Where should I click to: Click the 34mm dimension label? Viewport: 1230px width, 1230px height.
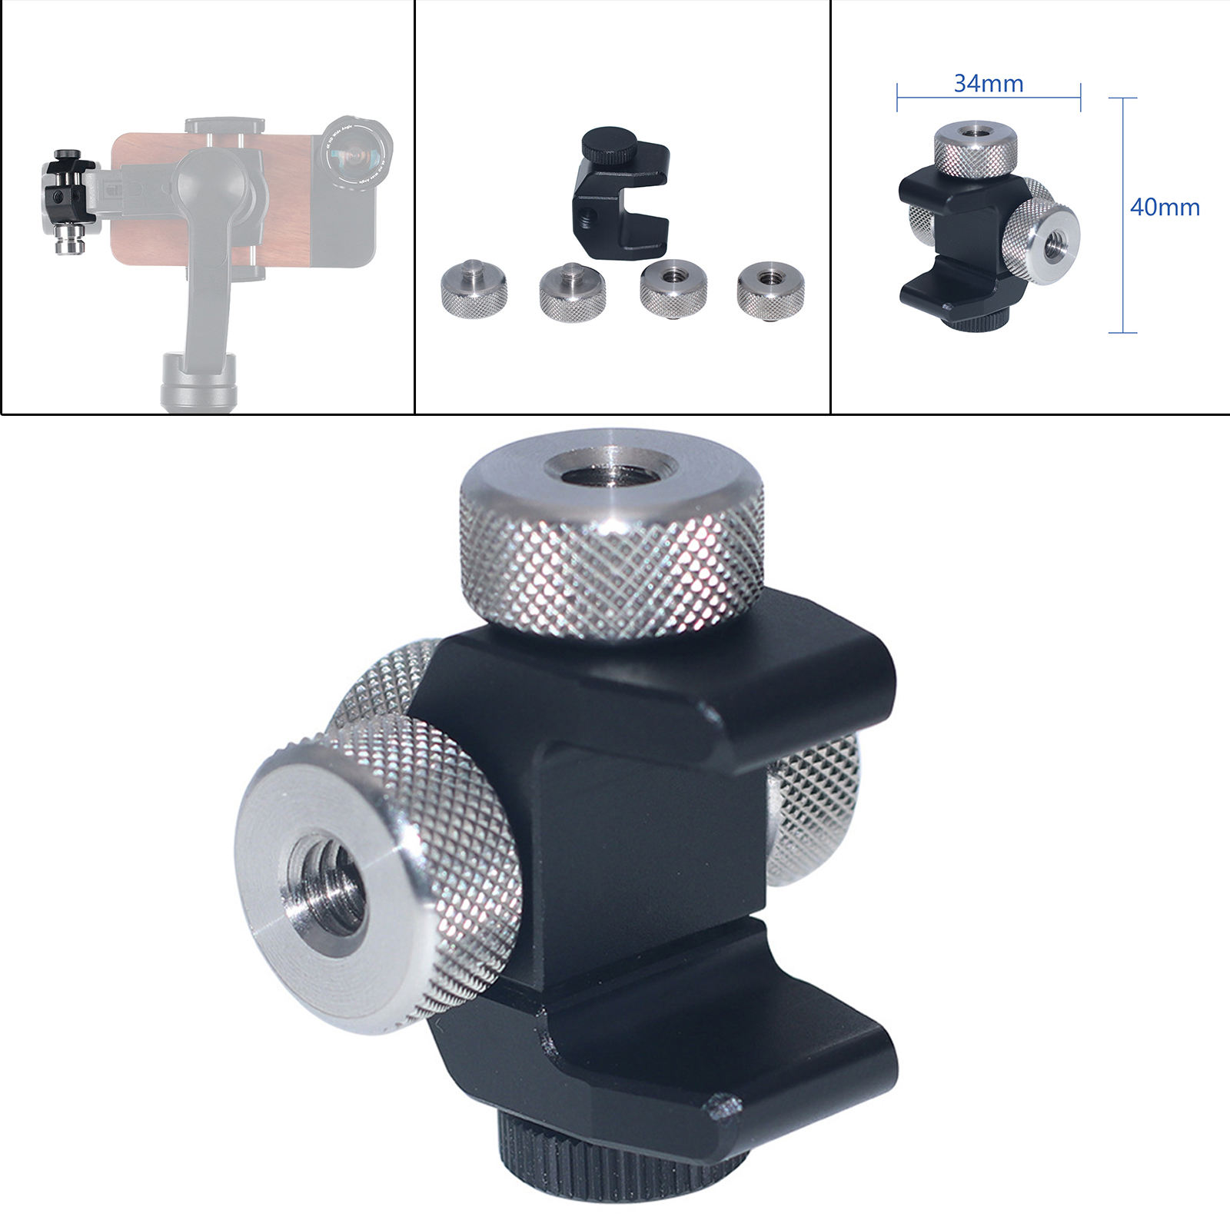point(989,83)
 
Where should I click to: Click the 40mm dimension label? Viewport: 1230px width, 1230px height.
point(1165,208)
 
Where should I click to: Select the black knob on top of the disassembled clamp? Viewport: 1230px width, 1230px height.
point(608,144)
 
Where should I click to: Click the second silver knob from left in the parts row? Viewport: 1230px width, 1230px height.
point(572,293)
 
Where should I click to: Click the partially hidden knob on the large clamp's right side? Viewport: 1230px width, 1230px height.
point(816,807)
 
